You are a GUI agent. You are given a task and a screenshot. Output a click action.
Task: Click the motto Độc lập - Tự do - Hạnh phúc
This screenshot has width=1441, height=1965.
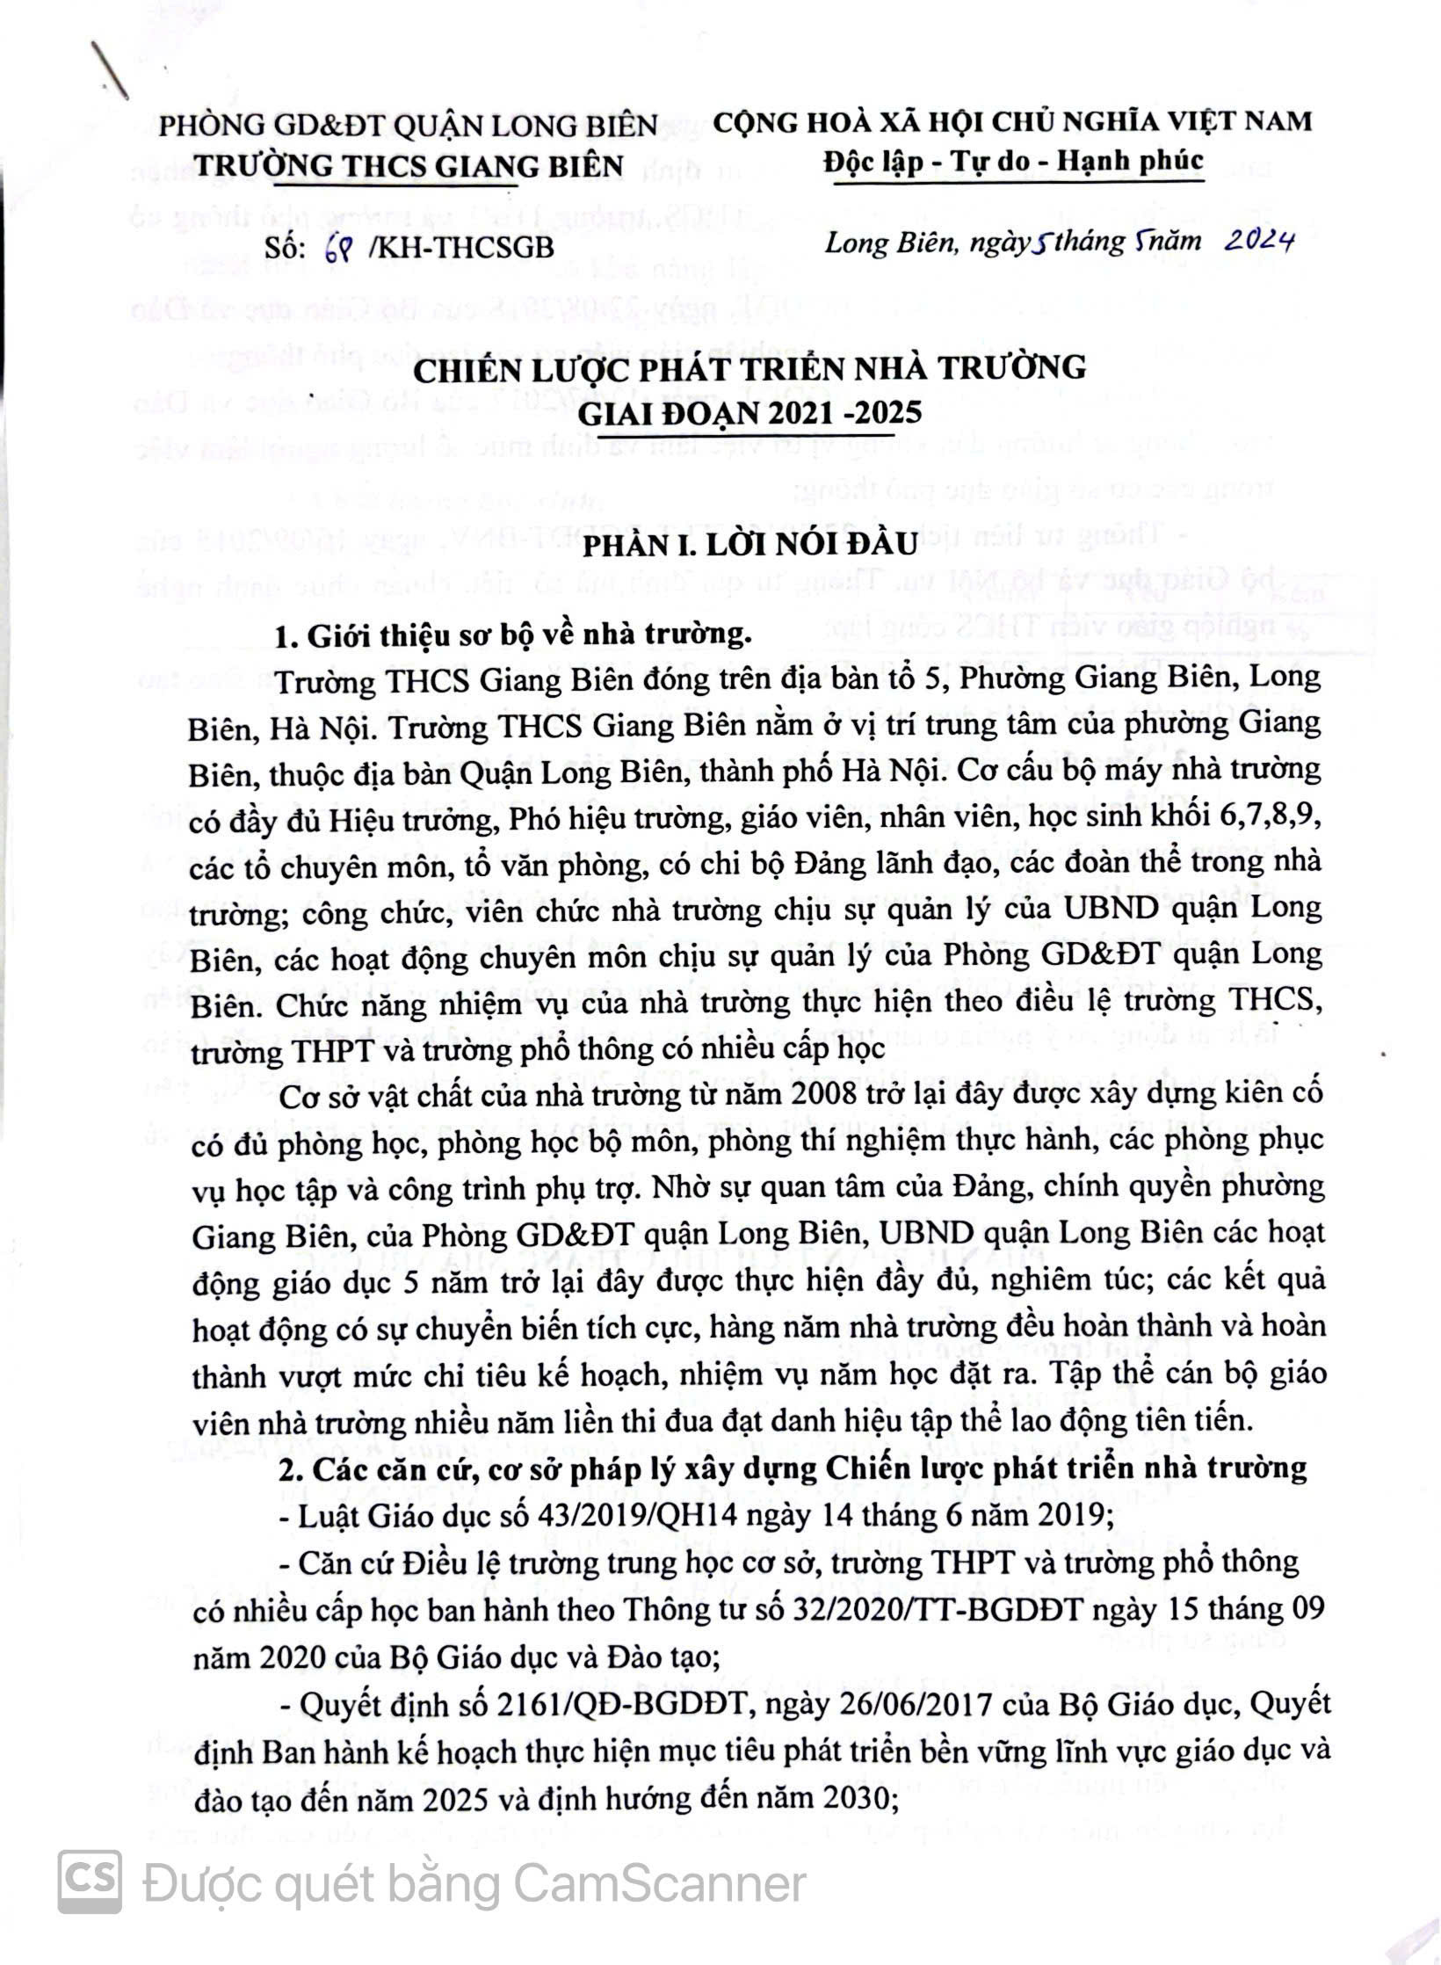click(x=1013, y=163)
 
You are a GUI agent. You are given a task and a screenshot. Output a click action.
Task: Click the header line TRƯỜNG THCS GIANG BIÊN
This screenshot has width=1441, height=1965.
click(x=409, y=165)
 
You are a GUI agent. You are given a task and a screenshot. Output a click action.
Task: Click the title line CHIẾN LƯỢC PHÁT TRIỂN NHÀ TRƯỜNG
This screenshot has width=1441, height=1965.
click(x=749, y=368)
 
